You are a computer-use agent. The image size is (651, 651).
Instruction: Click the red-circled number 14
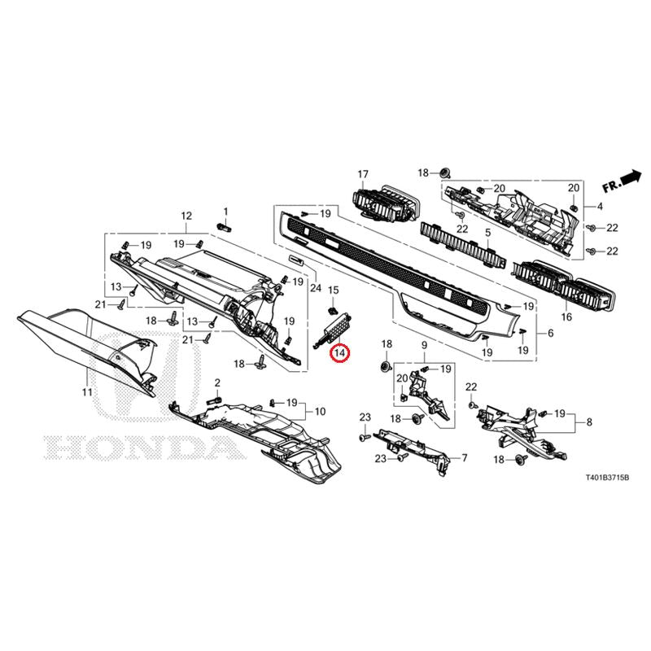coord(340,353)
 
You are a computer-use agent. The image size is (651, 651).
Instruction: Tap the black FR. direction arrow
coord(631,177)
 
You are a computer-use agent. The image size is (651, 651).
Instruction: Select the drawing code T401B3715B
coord(607,478)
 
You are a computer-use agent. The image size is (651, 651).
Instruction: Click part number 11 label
coord(87,391)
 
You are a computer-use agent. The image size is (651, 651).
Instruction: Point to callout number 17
coord(363,174)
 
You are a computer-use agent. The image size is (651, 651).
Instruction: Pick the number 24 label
coord(316,288)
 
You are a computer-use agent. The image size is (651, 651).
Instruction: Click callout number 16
coord(566,317)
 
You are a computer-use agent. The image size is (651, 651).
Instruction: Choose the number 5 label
coord(487,233)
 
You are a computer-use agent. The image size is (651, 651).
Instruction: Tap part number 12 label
coord(186,216)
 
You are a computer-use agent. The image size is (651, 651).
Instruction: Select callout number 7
coord(465,458)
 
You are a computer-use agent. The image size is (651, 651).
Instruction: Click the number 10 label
coord(320,412)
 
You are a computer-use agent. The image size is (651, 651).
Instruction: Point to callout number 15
coord(334,291)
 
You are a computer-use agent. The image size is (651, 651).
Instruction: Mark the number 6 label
coord(551,333)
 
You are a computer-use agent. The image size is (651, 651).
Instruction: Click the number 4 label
coord(600,207)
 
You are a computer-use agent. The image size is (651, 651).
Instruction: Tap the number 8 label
coord(589,422)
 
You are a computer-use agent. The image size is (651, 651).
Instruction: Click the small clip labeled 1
coord(225,227)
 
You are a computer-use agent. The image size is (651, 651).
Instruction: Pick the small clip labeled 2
coord(213,400)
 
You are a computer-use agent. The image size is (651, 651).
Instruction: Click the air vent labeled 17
coord(384,203)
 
